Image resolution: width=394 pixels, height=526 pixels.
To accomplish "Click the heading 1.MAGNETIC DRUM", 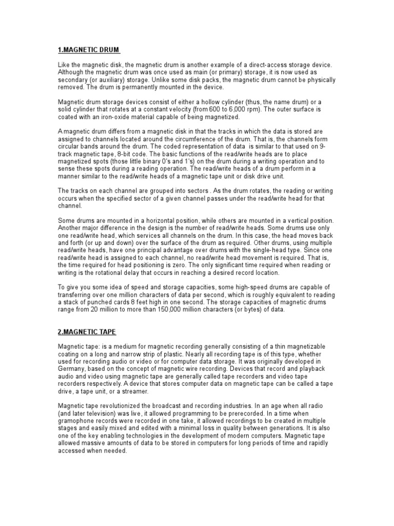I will [89, 50].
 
